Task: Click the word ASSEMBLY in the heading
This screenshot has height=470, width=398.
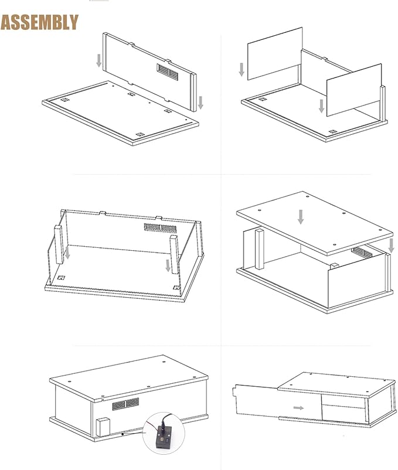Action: (x=39, y=22)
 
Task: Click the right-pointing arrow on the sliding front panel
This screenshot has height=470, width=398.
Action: (x=298, y=408)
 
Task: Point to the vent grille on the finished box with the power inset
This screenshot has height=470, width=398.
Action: (x=125, y=404)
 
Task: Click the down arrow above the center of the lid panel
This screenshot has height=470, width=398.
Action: (x=301, y=217)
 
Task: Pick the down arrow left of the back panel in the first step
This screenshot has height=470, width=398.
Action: (x=99, y=60)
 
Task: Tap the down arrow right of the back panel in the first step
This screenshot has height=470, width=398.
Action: (x=200, y=103)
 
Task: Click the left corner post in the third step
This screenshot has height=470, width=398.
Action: (x=59, y=244)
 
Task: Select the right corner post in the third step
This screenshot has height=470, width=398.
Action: (x=174, y=254)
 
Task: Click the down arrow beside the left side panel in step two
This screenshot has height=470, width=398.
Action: (x=241, y=70)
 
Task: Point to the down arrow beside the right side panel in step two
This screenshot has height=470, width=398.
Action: (x=322, y=106)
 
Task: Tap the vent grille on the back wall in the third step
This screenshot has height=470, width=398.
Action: (x=161, y=228)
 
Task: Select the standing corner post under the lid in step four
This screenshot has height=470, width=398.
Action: (x=260, y=248)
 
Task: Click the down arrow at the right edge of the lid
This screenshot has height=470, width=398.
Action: (x=391, y=246)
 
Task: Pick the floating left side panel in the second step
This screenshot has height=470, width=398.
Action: (x=275, y=54)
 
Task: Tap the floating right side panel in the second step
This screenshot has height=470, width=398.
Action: (x=354, y=90)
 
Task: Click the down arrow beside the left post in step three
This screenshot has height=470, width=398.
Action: (x=68, y=253)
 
